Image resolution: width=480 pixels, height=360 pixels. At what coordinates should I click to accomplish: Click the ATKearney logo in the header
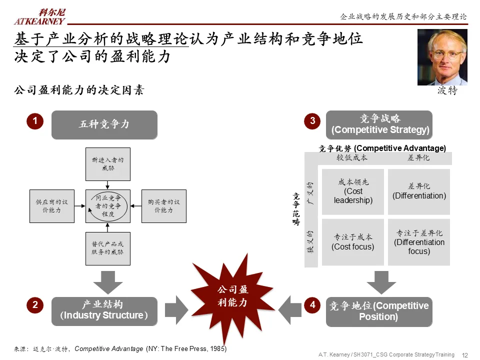[39, 16]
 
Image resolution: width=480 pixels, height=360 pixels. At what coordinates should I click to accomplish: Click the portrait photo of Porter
[442, 57]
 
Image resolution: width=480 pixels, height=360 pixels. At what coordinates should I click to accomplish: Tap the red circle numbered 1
[35, 121]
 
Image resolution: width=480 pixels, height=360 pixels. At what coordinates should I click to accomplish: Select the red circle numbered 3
[312, 121]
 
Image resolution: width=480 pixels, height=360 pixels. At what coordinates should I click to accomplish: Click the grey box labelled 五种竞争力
[104, 124]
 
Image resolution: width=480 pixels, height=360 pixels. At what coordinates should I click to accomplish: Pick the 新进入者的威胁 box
[107, 164]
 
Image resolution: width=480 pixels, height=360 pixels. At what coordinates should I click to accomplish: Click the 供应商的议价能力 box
[51, 206]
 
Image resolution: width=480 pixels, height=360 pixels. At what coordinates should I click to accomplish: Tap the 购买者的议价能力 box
[163, 206]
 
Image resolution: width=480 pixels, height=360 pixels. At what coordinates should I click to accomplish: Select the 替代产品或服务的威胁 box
[107, 248]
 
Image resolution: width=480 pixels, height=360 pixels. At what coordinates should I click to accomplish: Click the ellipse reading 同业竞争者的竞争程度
[108, 206]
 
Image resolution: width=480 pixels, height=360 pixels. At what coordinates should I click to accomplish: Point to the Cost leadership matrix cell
[353, 192]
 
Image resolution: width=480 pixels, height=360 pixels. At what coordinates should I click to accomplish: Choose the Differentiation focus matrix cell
[419, 242]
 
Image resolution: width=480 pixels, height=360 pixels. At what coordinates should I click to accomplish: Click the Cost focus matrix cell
[353, 242]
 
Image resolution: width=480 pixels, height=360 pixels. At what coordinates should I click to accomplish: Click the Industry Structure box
[104, 311]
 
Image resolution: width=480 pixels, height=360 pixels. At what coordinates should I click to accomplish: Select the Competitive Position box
[378, 311]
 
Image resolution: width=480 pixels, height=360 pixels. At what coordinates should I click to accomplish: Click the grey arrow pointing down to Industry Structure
[107, 281]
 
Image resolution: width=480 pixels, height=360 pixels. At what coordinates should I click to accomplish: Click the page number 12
[464, 355]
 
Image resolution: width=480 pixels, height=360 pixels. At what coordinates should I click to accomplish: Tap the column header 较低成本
[351, 157]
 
